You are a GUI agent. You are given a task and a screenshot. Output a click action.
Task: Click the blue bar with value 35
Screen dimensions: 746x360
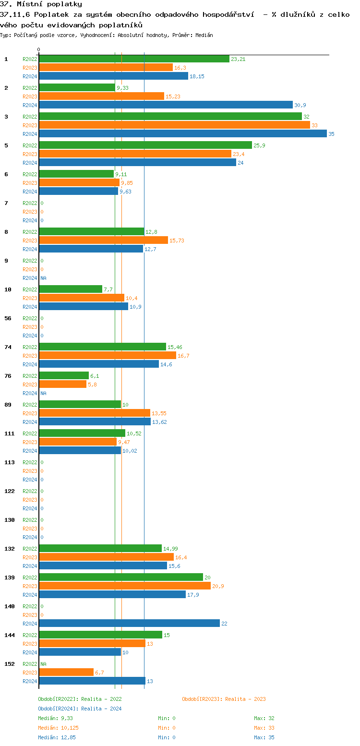tap(182, 134)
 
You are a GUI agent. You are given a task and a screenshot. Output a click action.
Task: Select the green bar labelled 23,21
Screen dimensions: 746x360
tap(134, 59)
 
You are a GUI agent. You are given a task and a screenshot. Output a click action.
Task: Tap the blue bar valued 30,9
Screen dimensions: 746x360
tap(166, 105)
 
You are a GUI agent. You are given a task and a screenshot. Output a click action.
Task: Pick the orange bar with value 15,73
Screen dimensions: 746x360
tap(103, 241)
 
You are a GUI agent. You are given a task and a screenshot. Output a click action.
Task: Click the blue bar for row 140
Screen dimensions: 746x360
tap(129, 624)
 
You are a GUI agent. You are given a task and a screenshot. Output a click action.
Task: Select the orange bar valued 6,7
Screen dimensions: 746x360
tap(66, 673)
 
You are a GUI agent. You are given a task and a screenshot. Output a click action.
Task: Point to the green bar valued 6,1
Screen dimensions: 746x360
tap(64, 376)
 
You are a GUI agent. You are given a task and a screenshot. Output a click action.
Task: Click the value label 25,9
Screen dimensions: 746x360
tap(259, 145)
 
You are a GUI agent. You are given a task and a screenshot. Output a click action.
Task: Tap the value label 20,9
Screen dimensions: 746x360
tap(218, 586)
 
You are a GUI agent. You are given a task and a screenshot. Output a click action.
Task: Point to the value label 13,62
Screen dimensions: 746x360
tap(159, 422)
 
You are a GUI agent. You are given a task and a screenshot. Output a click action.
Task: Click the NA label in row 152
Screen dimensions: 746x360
tap(43, 664)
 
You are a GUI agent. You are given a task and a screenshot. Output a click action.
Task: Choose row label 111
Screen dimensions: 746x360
tap(9, 433)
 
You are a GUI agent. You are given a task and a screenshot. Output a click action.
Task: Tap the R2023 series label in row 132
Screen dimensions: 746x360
tap(30, 557)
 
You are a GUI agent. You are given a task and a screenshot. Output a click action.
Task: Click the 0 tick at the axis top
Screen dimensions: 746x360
tap(39, 50)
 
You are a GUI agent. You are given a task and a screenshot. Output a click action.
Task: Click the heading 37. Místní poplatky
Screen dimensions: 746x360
tap(41, 4)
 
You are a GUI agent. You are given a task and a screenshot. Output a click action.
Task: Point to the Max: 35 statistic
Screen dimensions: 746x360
tap(264, 737)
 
